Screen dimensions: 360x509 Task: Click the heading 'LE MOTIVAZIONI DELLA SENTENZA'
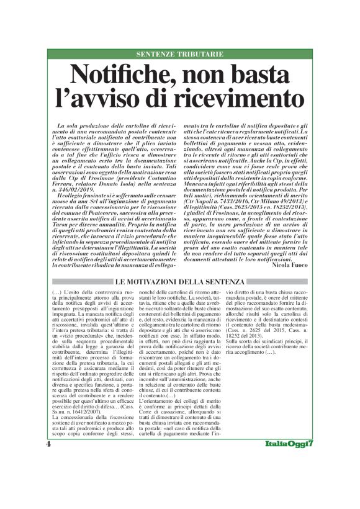tap(179, 282)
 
